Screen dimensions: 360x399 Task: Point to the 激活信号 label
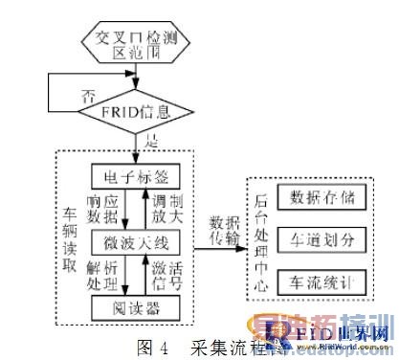coord(176,276)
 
